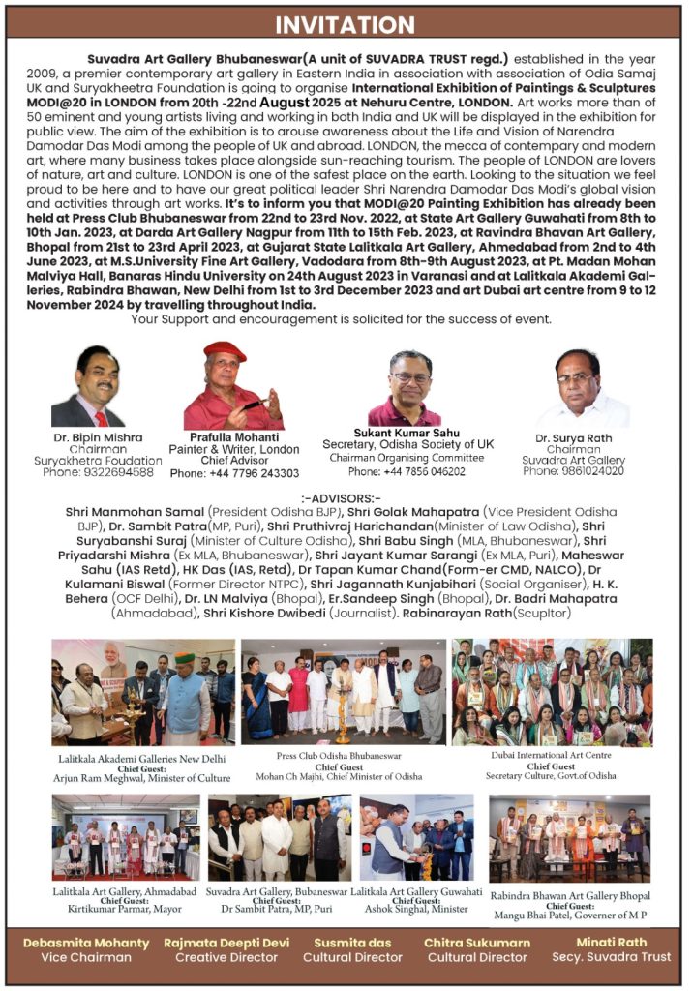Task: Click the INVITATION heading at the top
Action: [346, 23]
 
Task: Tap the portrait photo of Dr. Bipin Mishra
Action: [89, 387]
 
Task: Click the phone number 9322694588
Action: [98, 471]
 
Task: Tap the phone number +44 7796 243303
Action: [234, 473]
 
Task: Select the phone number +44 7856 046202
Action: [407, 471]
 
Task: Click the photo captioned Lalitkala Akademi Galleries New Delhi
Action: [143, 692]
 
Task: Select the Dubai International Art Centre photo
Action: [552, 692]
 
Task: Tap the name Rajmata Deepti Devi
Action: [226, 943]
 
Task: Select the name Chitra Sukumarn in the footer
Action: [477, 943]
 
